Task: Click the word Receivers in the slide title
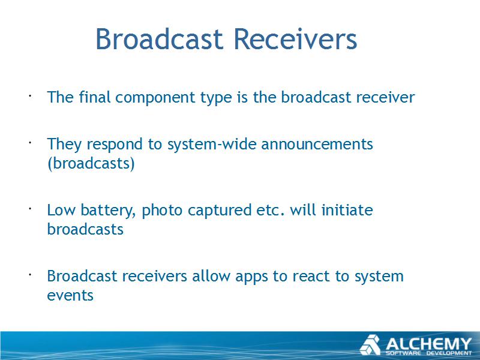pos(295,39)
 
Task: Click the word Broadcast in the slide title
pos(159,39)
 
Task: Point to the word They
pos(64,145)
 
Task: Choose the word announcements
pos(317,144)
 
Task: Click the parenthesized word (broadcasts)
pos(91,163)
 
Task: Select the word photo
pos(162,211)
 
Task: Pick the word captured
pos(220,211)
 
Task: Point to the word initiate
pos(347,210)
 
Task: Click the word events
pos(70,296)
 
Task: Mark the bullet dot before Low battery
pos(30,209)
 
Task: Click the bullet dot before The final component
pos(30,96)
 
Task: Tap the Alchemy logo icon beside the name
pos(370,344)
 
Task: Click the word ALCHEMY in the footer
pos(428,344)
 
